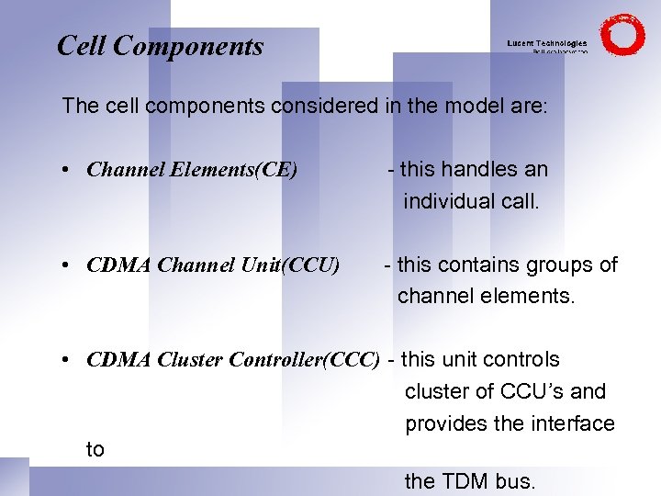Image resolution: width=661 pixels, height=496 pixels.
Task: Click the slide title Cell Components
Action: click(x=160, y=46)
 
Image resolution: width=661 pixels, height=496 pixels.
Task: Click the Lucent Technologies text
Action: click(x=547, y=43)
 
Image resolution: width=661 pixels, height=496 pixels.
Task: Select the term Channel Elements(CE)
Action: click(x=192, y=170)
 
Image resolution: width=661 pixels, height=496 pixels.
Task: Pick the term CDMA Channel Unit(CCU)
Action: click(x=213, y=266)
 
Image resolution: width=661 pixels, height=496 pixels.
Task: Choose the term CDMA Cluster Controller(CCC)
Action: click(x=233, y=360)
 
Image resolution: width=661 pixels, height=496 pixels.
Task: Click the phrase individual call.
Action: click(x=471, y=201)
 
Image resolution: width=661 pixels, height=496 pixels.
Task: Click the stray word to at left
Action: click(x=95, y=449)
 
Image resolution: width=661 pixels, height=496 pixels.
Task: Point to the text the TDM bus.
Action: click(x=469, y=480)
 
